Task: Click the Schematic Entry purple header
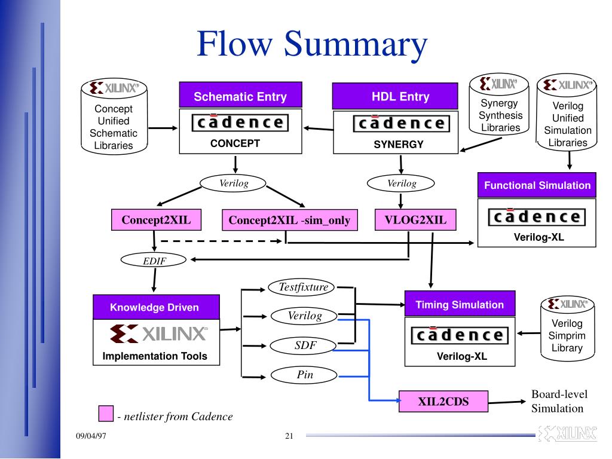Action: [x=240, y=95]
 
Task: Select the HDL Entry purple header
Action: [x=395, y=96]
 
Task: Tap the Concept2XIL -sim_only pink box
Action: [x=290, y=220]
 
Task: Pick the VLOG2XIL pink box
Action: [x=415, y=220]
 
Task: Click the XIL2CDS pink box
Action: [x=443, y=401]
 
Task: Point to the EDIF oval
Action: [x=154, y=261]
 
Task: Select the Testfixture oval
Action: [x=301, y=287]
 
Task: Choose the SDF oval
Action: [x=303, y=345]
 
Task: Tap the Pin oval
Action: [x=304, y=375]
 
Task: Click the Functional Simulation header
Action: [x=537, y=185]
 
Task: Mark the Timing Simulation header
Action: [x=460, y=304]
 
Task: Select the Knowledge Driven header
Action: [x=156, y=307]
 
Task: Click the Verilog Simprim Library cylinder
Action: [x=568, y=329]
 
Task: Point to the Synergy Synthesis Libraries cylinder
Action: [x=499, y=104]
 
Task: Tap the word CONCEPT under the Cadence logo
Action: [x=235, y=143]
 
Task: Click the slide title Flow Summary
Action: [x=312, y=44]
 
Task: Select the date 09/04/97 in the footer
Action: [x=91, y=436]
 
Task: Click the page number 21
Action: [x=289, y=436]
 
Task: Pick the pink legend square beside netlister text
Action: [x=106, y=414]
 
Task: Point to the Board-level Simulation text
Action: [x=559, y=401]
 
